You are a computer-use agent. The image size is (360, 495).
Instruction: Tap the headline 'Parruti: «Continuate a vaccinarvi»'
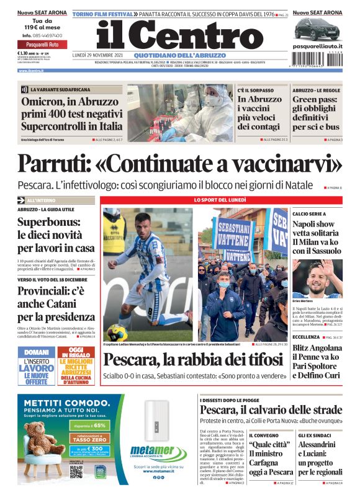[180, 164]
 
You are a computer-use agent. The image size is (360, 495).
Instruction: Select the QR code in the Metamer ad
[76, 471]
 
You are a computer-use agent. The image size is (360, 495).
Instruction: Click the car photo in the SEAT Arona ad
[317, 29]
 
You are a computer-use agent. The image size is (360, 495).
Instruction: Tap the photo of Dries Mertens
[317, 279]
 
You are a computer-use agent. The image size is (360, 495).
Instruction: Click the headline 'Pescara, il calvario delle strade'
[271, 410]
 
